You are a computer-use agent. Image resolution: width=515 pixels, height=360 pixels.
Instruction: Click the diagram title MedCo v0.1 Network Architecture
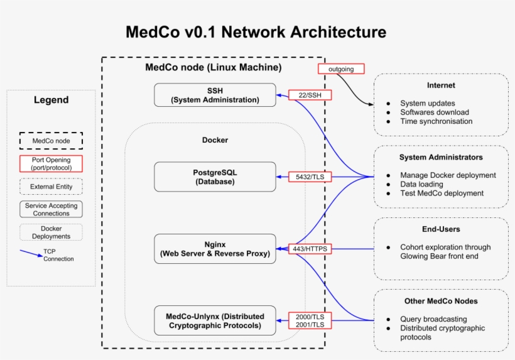(256, 31)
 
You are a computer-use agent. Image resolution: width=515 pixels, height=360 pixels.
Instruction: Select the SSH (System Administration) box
(215, 95)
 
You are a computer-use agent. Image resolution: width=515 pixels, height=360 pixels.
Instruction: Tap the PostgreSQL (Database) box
(215, 177)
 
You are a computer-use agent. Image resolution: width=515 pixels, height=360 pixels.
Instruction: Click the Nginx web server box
(215, 249)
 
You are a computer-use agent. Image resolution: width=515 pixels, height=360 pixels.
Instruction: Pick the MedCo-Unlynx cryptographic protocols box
(215, 320)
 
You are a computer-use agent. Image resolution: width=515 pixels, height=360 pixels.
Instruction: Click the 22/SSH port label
(310, 95)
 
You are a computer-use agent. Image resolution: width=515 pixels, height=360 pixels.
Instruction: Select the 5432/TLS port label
(310, 177)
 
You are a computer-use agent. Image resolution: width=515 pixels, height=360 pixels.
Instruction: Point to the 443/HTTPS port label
(310, 249)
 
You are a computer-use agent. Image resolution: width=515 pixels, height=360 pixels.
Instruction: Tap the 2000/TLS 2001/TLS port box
(310, 320)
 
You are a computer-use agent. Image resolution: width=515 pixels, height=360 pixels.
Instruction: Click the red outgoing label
(340, 68)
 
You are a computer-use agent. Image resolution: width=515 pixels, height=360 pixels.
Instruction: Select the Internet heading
(441, 85)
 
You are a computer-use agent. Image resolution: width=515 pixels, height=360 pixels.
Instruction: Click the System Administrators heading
(441, 157)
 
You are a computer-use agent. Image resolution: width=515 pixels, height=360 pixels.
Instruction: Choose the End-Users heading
(441, 229)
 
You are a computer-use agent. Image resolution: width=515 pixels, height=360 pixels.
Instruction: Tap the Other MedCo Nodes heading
(441, 301)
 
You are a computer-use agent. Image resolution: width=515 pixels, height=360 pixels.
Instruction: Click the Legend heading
(51, 100)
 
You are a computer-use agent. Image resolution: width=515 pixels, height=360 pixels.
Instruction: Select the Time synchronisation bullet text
(436, 121)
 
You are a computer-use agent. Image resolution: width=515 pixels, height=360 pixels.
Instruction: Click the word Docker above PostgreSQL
(215, 140)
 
